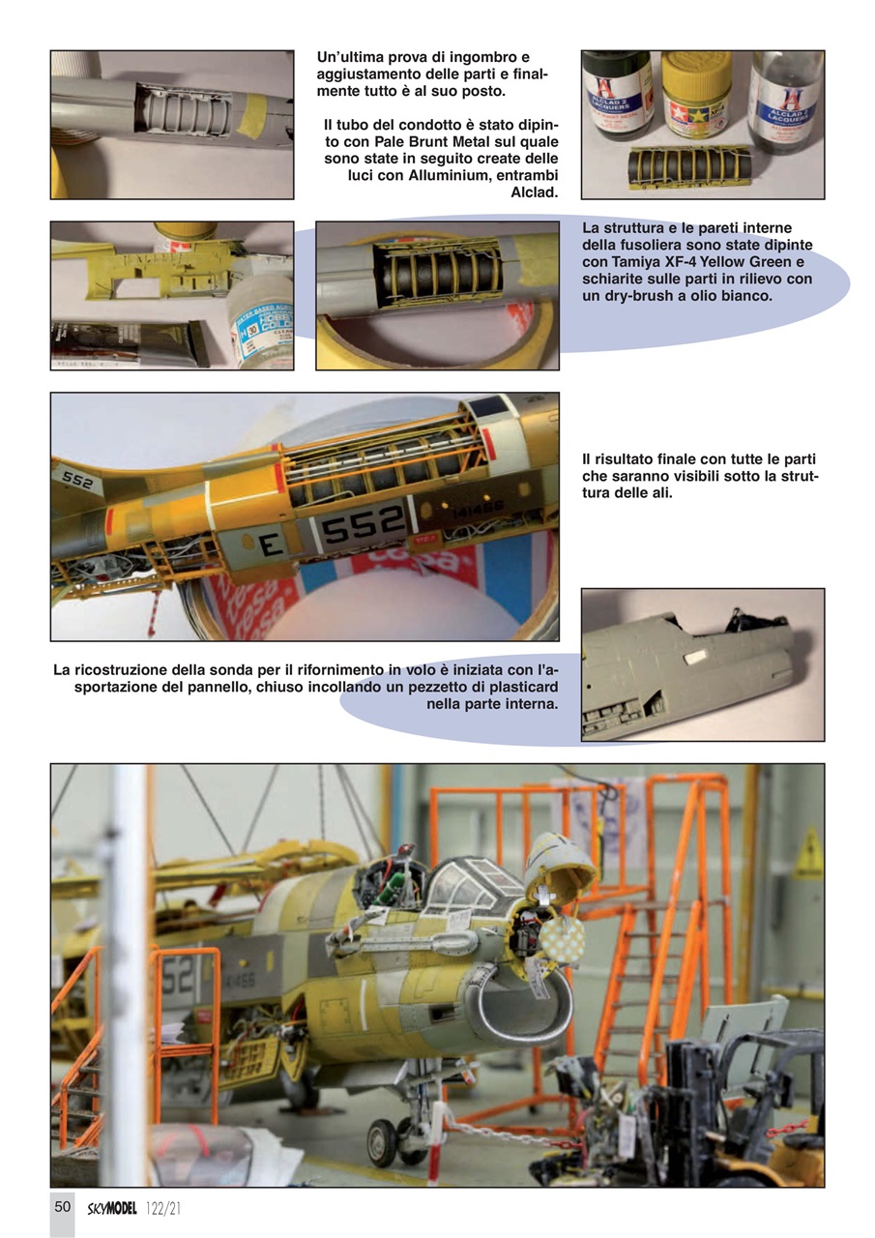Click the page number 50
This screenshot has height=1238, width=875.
point(62,1206)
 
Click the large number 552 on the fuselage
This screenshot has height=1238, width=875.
point(362,529)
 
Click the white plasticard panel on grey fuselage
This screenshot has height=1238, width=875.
point(694,658)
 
